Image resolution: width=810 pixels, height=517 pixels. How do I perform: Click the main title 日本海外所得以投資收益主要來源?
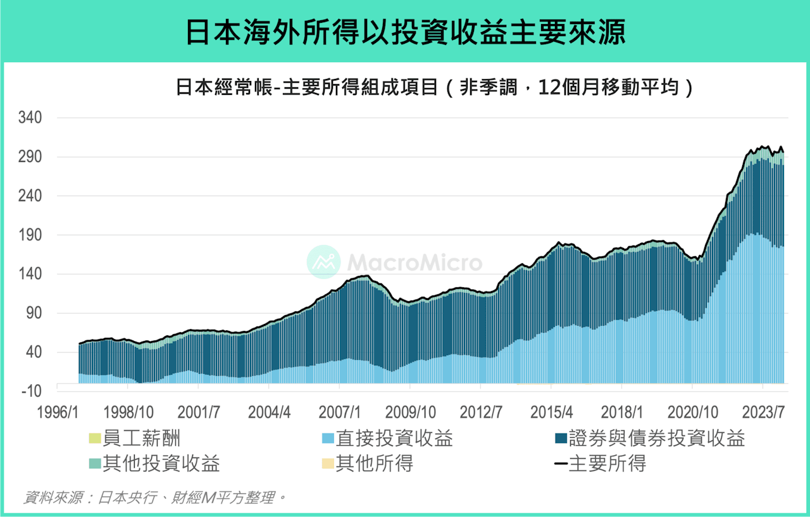point(405,32)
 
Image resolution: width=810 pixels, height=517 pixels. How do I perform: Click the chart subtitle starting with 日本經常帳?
point(434,87)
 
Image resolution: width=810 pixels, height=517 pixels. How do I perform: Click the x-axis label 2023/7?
point(768,413)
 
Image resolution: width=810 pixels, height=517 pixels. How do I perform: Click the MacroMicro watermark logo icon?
point(323,262)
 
